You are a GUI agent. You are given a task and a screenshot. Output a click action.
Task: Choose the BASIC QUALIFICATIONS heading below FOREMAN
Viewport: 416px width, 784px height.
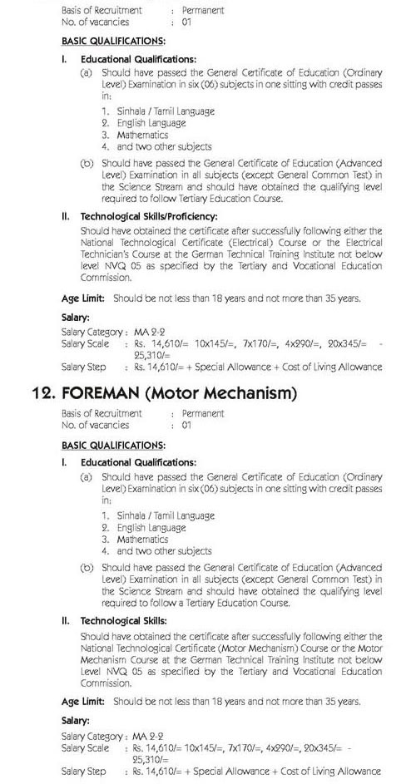point(113,445)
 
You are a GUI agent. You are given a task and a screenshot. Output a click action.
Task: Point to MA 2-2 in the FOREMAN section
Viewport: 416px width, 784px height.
point(150,737)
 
